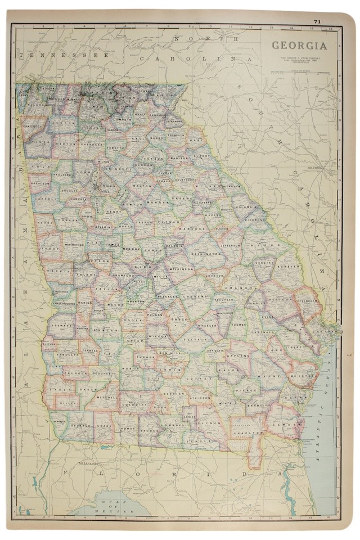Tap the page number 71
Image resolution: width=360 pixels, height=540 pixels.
point(318,21)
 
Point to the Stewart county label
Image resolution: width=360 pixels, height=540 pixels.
point(61,325)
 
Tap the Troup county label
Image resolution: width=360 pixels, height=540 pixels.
point(50,248)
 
